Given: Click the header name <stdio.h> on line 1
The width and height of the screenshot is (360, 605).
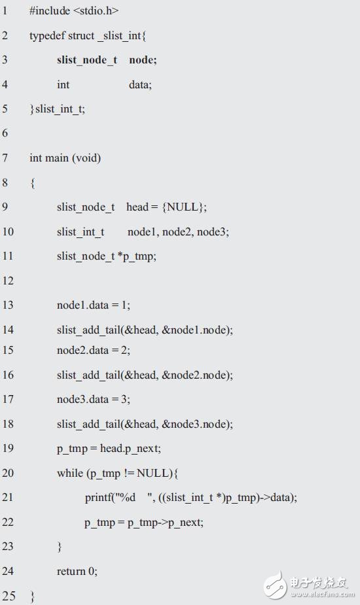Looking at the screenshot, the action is (96, 11).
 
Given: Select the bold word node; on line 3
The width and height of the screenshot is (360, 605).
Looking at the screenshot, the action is (143, 60).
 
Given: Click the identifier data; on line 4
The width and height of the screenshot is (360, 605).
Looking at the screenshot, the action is (140, 84).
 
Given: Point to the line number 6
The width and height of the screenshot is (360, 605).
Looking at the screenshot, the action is (5, 133).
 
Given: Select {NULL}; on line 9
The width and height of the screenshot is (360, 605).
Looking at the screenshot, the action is (185, 207).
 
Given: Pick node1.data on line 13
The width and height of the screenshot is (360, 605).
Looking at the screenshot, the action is (82, 305).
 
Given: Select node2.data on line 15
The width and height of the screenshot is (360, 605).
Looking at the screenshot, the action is (82, 350).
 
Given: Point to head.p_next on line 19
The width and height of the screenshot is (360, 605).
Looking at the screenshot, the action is (129, 449).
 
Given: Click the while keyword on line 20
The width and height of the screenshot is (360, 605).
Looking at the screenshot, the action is (70, 473).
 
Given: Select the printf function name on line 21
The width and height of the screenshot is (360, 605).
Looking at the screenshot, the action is (98, 498).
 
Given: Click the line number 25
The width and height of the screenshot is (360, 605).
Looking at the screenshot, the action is (9, 596).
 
